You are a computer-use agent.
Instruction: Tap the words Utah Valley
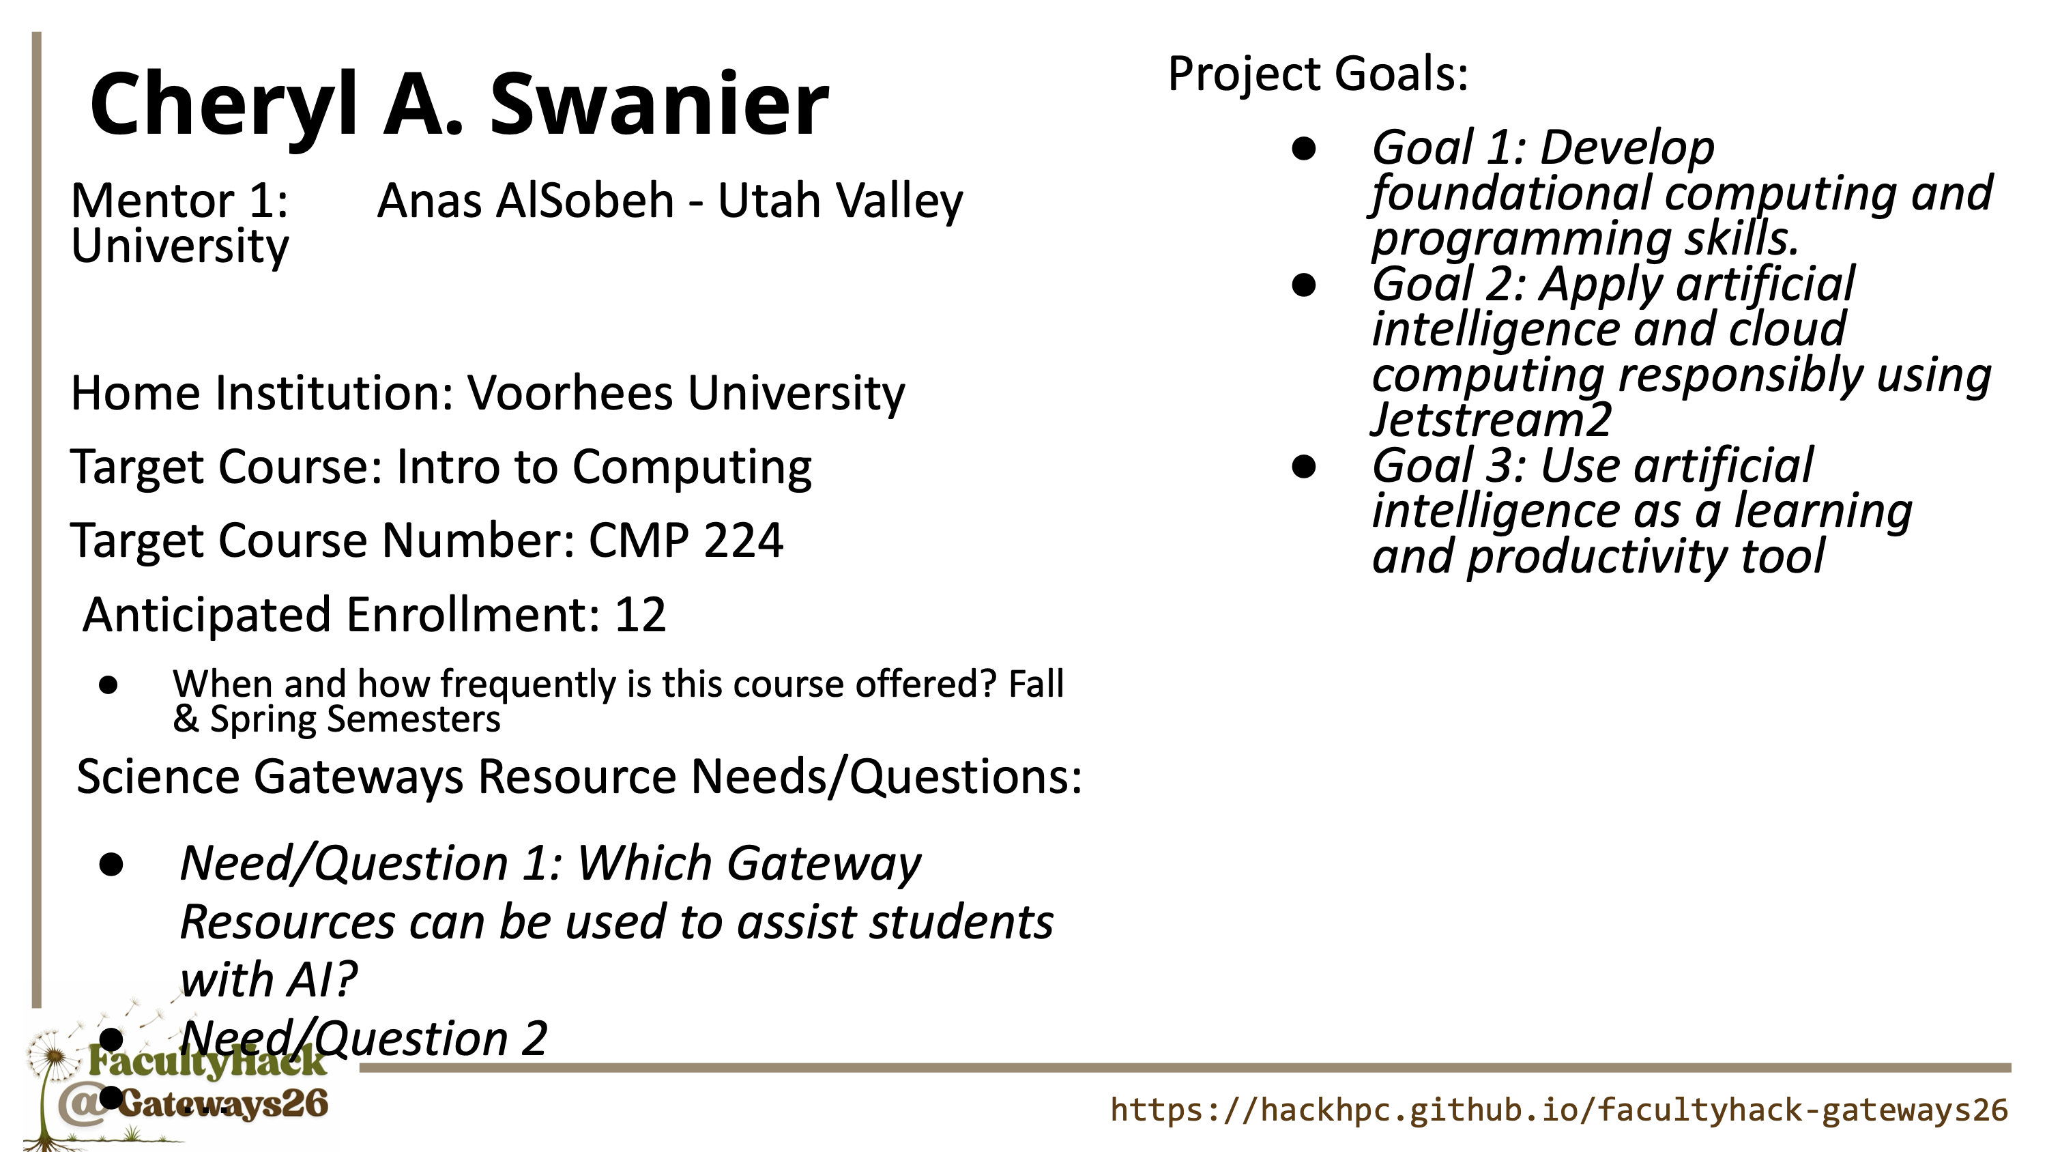pos(840,202)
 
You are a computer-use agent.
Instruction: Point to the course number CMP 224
pos(686,540)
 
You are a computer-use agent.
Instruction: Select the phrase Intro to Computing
pos(604,467)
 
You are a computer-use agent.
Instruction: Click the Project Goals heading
pos(1318,75)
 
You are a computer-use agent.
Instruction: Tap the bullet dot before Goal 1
pos(1304,149)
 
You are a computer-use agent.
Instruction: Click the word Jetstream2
pos(1492,419)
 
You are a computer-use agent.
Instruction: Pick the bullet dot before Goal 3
pos(1304,466)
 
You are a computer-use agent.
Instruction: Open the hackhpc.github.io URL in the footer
pos(1559,1110)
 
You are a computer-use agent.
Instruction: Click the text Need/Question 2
pos(364,1038)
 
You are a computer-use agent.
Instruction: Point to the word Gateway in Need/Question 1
pos(824,864)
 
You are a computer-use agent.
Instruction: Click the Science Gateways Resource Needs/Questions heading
pos(579,777)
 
